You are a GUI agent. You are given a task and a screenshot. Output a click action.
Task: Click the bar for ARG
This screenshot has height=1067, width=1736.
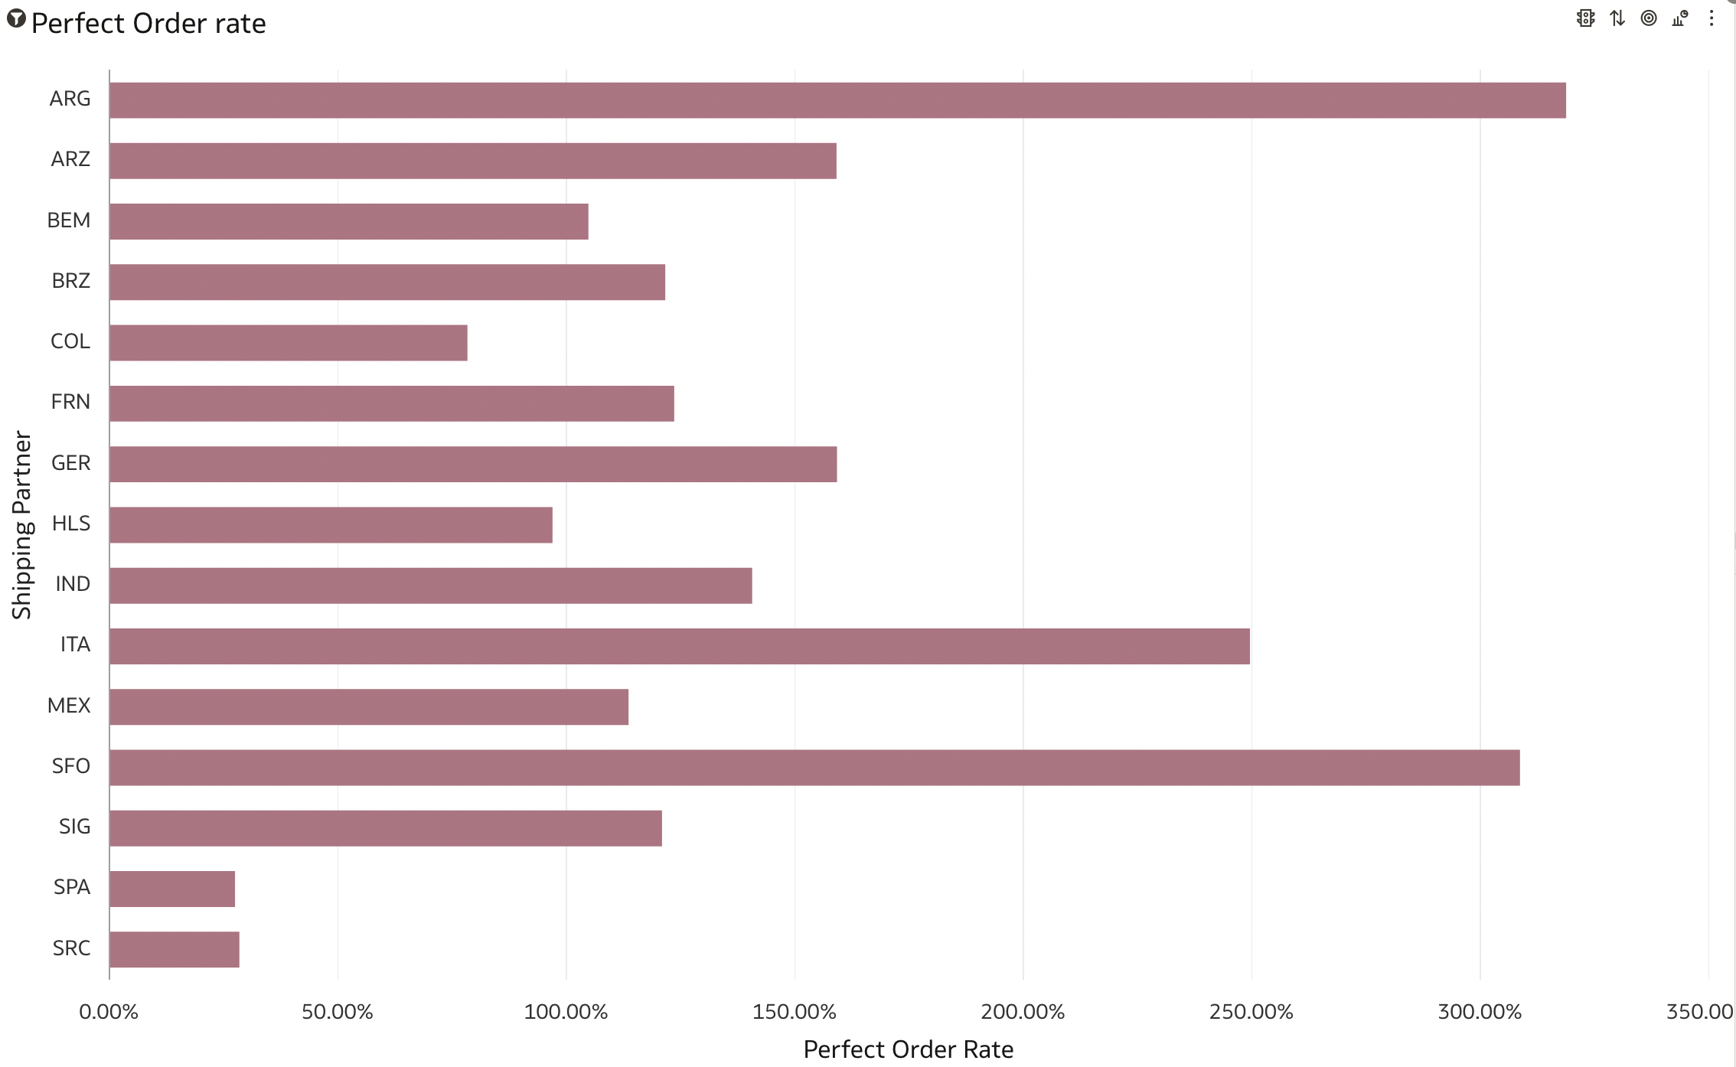837,100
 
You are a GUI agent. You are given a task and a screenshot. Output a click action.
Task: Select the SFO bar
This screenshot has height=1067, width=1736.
814,768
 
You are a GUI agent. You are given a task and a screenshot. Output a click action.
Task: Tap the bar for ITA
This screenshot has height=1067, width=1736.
680,646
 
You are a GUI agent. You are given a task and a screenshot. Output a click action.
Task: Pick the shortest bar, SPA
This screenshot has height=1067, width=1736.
172,889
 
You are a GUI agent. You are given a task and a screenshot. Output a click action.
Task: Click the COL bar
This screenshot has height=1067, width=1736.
289,343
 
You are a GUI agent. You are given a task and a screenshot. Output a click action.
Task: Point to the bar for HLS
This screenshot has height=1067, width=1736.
331,525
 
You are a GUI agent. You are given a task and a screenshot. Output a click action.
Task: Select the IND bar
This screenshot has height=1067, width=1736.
431,586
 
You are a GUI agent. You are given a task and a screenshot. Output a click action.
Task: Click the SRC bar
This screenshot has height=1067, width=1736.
175,949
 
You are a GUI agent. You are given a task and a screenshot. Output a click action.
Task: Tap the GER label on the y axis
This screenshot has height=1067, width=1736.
70,463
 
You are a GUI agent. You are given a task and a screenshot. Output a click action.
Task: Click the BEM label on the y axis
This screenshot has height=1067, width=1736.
69,220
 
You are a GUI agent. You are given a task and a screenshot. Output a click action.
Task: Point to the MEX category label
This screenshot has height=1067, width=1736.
69,706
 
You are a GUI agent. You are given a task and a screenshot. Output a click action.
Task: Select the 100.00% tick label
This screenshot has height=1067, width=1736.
566,1012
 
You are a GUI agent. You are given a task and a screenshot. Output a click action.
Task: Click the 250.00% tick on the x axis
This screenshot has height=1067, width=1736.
1251,1012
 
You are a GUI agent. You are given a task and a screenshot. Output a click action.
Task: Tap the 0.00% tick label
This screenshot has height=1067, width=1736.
109,1012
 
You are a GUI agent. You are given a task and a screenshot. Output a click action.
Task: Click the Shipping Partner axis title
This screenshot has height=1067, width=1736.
21,525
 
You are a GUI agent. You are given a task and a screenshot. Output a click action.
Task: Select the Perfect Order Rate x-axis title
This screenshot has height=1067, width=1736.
909,1049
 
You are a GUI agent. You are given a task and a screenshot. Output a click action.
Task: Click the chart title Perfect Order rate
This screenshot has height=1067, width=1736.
148,24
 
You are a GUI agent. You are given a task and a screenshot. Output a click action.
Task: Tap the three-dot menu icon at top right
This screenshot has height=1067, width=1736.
1712,18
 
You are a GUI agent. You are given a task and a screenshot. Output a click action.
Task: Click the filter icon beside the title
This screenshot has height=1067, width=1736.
16,19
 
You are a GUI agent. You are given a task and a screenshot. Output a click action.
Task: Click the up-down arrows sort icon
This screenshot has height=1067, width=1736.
1617,18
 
